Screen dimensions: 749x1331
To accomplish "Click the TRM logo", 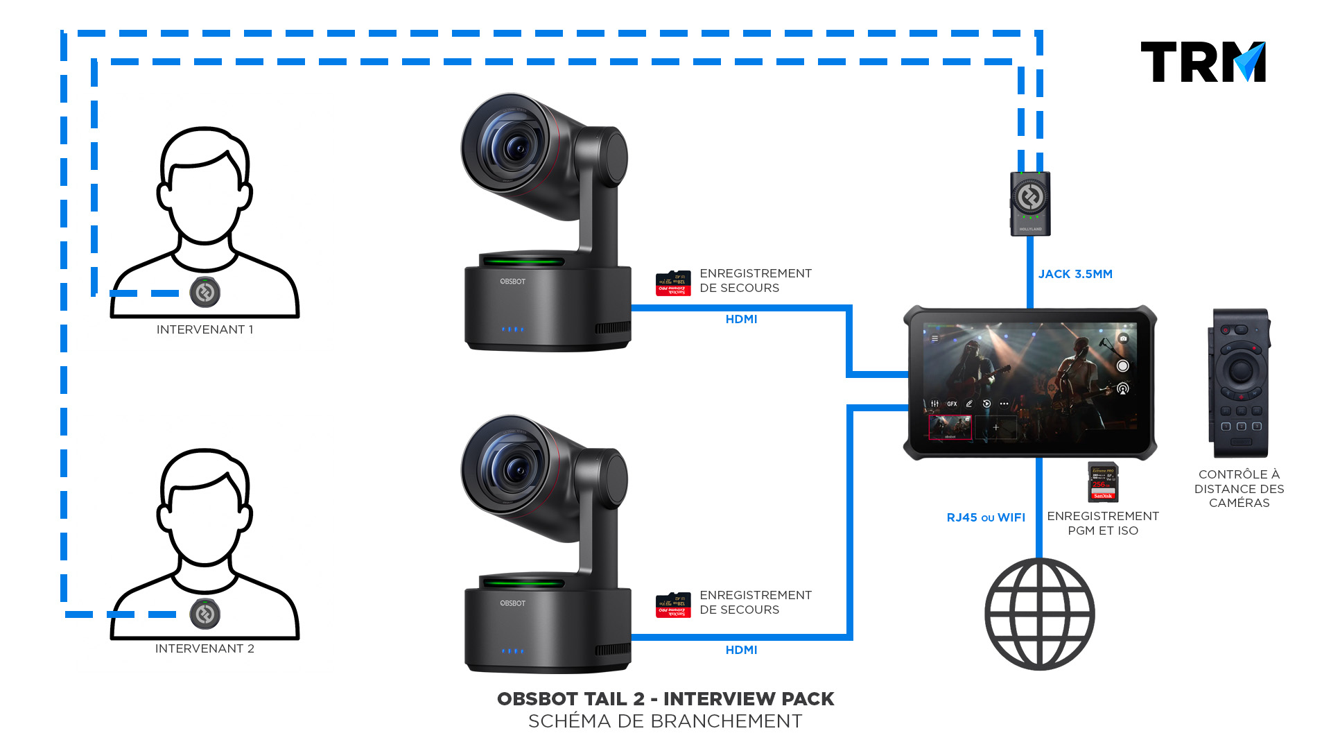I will click(1203, 62).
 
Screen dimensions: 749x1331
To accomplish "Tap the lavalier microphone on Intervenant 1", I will click(205, 293).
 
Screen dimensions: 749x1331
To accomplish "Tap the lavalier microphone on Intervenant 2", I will click(205, 614).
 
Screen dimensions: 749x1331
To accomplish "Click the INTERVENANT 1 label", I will click(205, 329).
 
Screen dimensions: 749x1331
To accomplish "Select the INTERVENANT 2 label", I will click(205, 648).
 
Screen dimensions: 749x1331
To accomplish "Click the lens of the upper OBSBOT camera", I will click(514, 146).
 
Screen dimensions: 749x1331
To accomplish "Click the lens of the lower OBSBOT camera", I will click(514, 469).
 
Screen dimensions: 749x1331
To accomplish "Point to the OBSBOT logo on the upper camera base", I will click(513, 282).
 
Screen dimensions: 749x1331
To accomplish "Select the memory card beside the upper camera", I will click(673, 283).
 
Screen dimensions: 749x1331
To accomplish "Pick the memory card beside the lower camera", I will click(673, 605).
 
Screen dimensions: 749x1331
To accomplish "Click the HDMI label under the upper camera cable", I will click(741, 319).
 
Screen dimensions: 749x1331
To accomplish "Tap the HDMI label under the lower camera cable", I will click(741, 650).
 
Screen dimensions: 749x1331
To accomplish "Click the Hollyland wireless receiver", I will click(1030, 203).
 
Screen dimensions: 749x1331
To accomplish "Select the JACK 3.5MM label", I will click(1075, 274).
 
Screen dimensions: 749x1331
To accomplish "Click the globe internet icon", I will click(1040, 614).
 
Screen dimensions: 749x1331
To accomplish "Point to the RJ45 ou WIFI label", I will click(986, 517).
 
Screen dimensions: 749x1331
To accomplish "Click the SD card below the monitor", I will click(1103, 482).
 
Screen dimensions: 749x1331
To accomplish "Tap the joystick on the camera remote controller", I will click(1240, 370).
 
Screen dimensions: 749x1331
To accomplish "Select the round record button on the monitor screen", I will click(1123, 365).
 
